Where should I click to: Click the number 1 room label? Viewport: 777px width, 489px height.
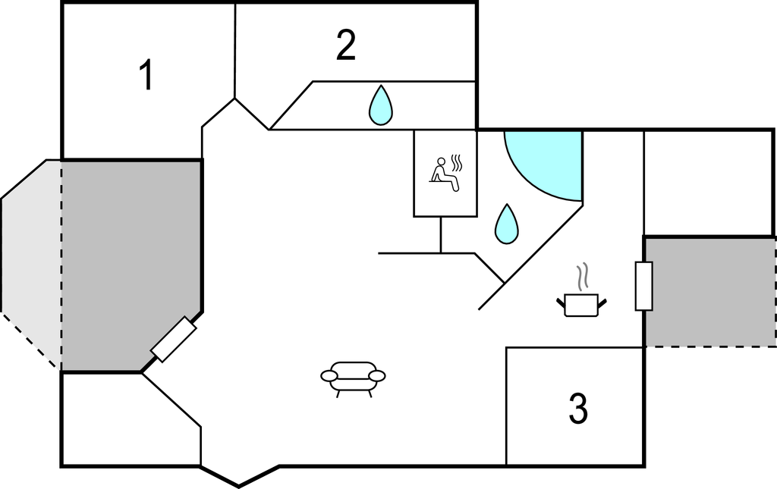click(x=146, y=76)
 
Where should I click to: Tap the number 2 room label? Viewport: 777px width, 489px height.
click(x=345, y=46)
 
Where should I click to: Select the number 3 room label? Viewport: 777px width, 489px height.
click(x=578, y=409)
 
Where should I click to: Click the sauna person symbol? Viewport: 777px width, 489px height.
click(x=445, y=174)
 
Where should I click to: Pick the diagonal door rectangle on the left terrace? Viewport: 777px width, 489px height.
click(x=174, y=340)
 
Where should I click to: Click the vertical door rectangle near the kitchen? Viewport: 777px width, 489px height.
click(x=643, y=286)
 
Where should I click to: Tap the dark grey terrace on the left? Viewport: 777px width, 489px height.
click(x=129, y=258)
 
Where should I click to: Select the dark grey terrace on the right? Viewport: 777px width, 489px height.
click(x=709, y=292)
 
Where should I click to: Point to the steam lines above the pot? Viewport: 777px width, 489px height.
click(x=583, y=277)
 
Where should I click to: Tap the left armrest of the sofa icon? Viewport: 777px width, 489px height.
click(x=329, y=375)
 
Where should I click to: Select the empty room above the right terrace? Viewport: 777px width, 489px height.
click(x=707, y=182)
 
